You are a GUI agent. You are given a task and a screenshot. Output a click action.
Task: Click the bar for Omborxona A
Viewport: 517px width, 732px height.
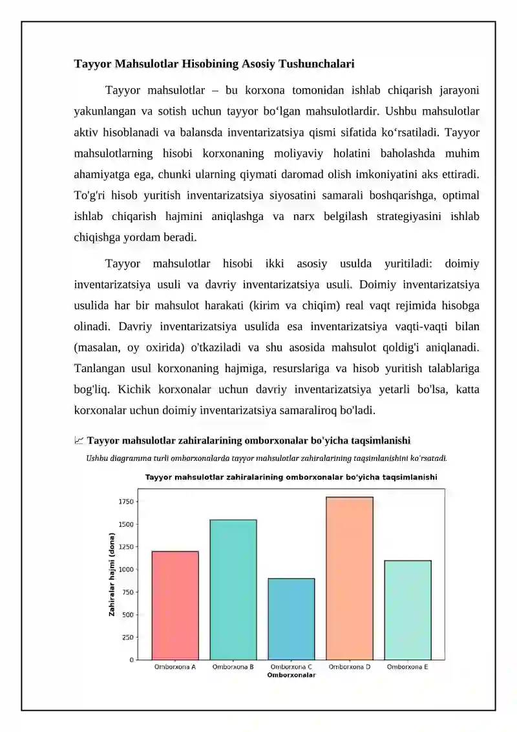[x=175, y=605]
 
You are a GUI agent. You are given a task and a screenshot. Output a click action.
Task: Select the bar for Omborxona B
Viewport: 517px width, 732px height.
[x=233, y=590]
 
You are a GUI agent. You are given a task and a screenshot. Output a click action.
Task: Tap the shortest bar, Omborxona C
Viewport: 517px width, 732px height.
[x=291, y=619]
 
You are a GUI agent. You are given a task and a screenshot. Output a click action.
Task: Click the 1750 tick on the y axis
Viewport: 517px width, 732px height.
[x=126, y=502]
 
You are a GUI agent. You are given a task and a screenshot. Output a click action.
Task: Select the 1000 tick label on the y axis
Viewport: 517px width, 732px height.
[x=126, y=570]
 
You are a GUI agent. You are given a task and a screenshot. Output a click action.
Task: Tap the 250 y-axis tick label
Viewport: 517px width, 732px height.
[x=128, y=638]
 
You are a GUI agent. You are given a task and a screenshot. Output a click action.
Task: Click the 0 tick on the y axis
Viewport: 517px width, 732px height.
[x=132, y=660]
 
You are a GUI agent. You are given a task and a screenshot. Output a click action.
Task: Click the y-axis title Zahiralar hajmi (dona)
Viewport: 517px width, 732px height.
[x=112, y=574]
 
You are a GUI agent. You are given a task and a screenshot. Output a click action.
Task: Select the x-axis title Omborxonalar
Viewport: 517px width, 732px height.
[x=291, y=675]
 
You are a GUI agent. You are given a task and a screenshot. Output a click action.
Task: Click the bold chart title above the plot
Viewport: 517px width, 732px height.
[x=291, y=478]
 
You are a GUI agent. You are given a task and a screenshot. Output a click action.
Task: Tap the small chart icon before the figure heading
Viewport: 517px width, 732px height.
[x=79, y=441]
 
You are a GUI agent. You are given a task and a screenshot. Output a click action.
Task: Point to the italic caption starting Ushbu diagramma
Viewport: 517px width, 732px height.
[x=266, y=458]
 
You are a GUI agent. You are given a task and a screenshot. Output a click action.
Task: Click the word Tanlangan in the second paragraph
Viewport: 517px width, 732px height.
[x=99, y=368]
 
